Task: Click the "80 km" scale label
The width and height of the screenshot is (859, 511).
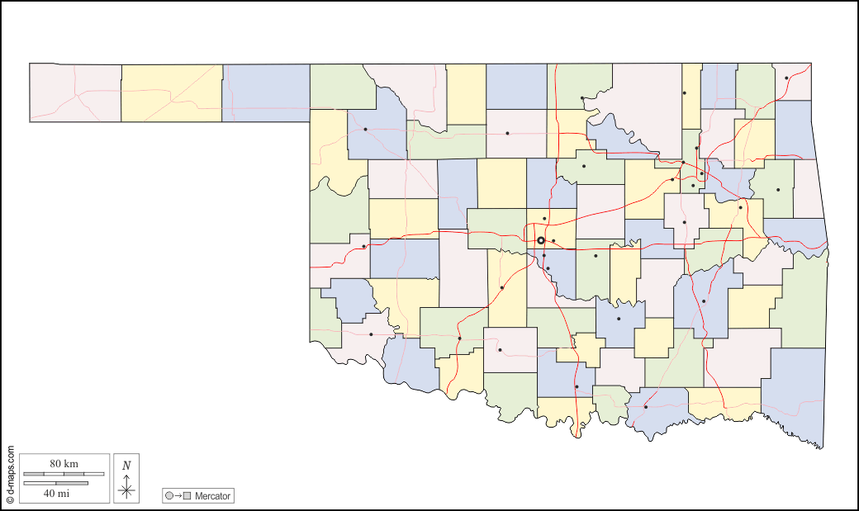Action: [64, 464]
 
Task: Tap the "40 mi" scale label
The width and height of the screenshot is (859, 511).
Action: [56, 493]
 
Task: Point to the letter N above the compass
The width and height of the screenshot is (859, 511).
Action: [126, 465]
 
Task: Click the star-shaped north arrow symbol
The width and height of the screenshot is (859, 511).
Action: [126, 490]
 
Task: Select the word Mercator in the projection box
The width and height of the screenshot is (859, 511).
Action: [213, 496]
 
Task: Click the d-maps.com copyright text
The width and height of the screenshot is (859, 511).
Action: [10, 475]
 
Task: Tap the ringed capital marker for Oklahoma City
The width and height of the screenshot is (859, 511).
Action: [541, 240]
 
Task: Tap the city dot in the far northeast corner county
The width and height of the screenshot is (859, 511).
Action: [786, 78]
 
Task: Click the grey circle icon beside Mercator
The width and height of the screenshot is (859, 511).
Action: [169, 496]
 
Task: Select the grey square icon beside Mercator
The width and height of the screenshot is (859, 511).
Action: [187, 496]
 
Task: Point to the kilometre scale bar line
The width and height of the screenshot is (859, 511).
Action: [64, 474]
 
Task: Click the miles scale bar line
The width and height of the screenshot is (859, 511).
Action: [55, 483]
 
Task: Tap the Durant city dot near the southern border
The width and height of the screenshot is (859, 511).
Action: [645, 406]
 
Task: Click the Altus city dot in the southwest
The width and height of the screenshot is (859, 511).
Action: [371, 334]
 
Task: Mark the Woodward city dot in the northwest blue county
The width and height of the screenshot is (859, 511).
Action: [365, 129]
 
